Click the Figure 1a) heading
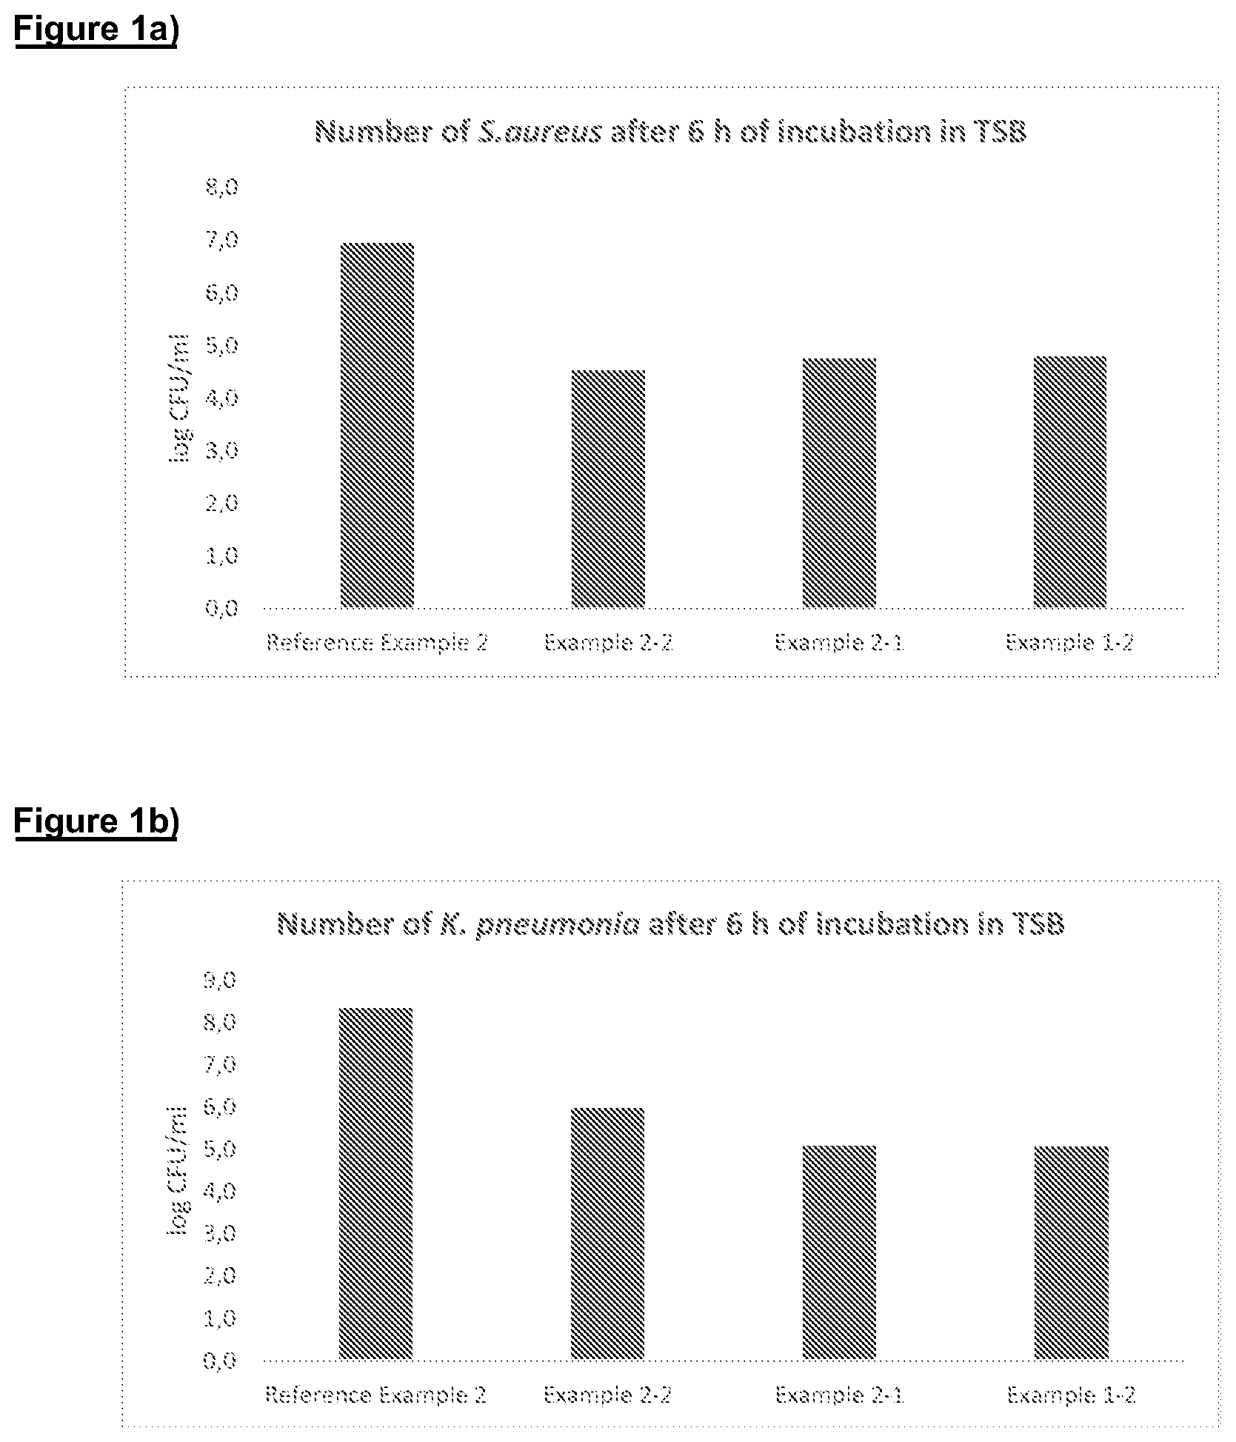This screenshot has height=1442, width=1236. point(96,31)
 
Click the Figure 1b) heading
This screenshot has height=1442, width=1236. point(96,822)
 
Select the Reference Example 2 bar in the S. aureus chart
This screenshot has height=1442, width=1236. point(377,425)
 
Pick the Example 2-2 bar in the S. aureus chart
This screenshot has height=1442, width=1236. point(608,489)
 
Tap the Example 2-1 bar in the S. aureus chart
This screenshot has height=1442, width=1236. point(839,483)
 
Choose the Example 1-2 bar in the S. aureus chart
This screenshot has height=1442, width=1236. point(1070,482)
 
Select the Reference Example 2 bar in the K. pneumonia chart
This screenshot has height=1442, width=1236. point(375,1184)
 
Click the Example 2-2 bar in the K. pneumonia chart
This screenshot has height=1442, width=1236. point(607,1234)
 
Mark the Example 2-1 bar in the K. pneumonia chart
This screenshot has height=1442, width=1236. point(839,1252)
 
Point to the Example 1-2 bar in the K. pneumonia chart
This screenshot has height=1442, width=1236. point(1072,1253)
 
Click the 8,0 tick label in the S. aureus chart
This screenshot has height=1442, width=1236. point(222,187)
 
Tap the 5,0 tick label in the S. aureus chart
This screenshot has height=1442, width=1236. point(222,345)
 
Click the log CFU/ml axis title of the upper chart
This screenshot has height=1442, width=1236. point(178,398)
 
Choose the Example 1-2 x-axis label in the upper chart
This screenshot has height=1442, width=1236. point(1069,642)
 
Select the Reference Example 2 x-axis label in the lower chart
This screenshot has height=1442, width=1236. point(375,1395)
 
